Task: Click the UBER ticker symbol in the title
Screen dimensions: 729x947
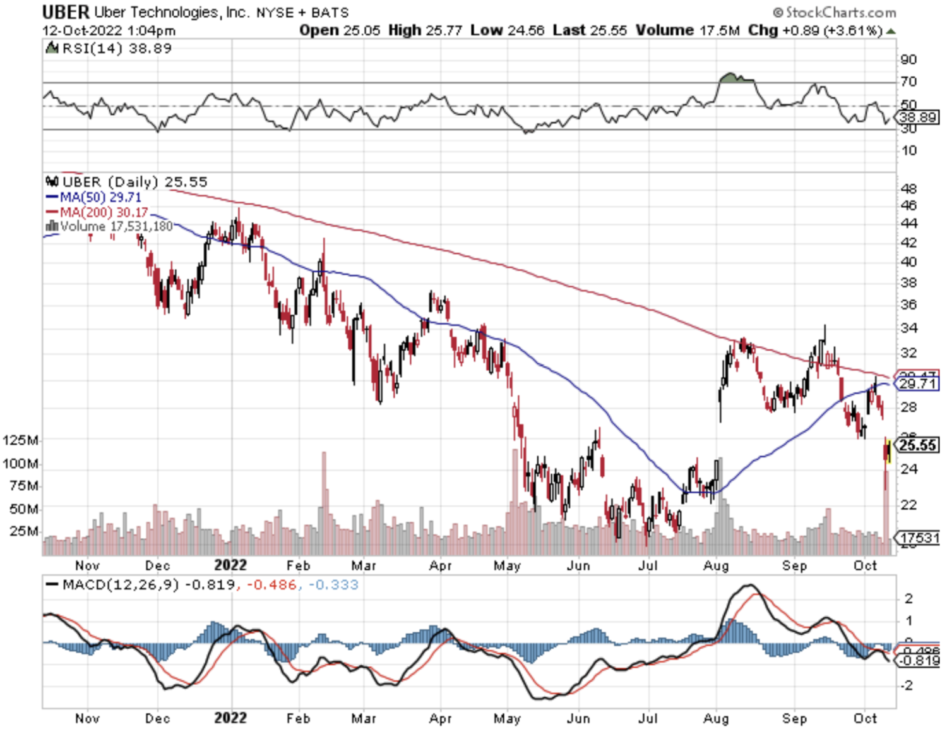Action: [x=66, y=12]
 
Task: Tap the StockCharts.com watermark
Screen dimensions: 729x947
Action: [x=835, y=12]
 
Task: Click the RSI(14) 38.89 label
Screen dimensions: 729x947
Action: [x=109, y=49]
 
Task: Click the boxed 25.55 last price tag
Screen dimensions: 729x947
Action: [x=917, y=445]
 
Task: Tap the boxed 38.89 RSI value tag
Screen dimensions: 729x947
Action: [x=919, y=117]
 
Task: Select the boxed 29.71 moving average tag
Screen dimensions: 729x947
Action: [x=917, y=383]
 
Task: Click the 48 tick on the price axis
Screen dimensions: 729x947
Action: [x=908, y=188]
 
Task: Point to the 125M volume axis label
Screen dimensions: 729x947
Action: [x=20, y=440]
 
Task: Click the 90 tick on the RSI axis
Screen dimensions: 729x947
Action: [x=908, y=59]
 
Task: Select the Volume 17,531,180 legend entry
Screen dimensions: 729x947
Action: [x=109, y=226]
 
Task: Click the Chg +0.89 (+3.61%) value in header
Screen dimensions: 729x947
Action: [x=814, y=30]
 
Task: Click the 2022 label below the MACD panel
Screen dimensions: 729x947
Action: [x=230, y=718]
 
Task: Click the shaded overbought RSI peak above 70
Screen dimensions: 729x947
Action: [x=732, y=78]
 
